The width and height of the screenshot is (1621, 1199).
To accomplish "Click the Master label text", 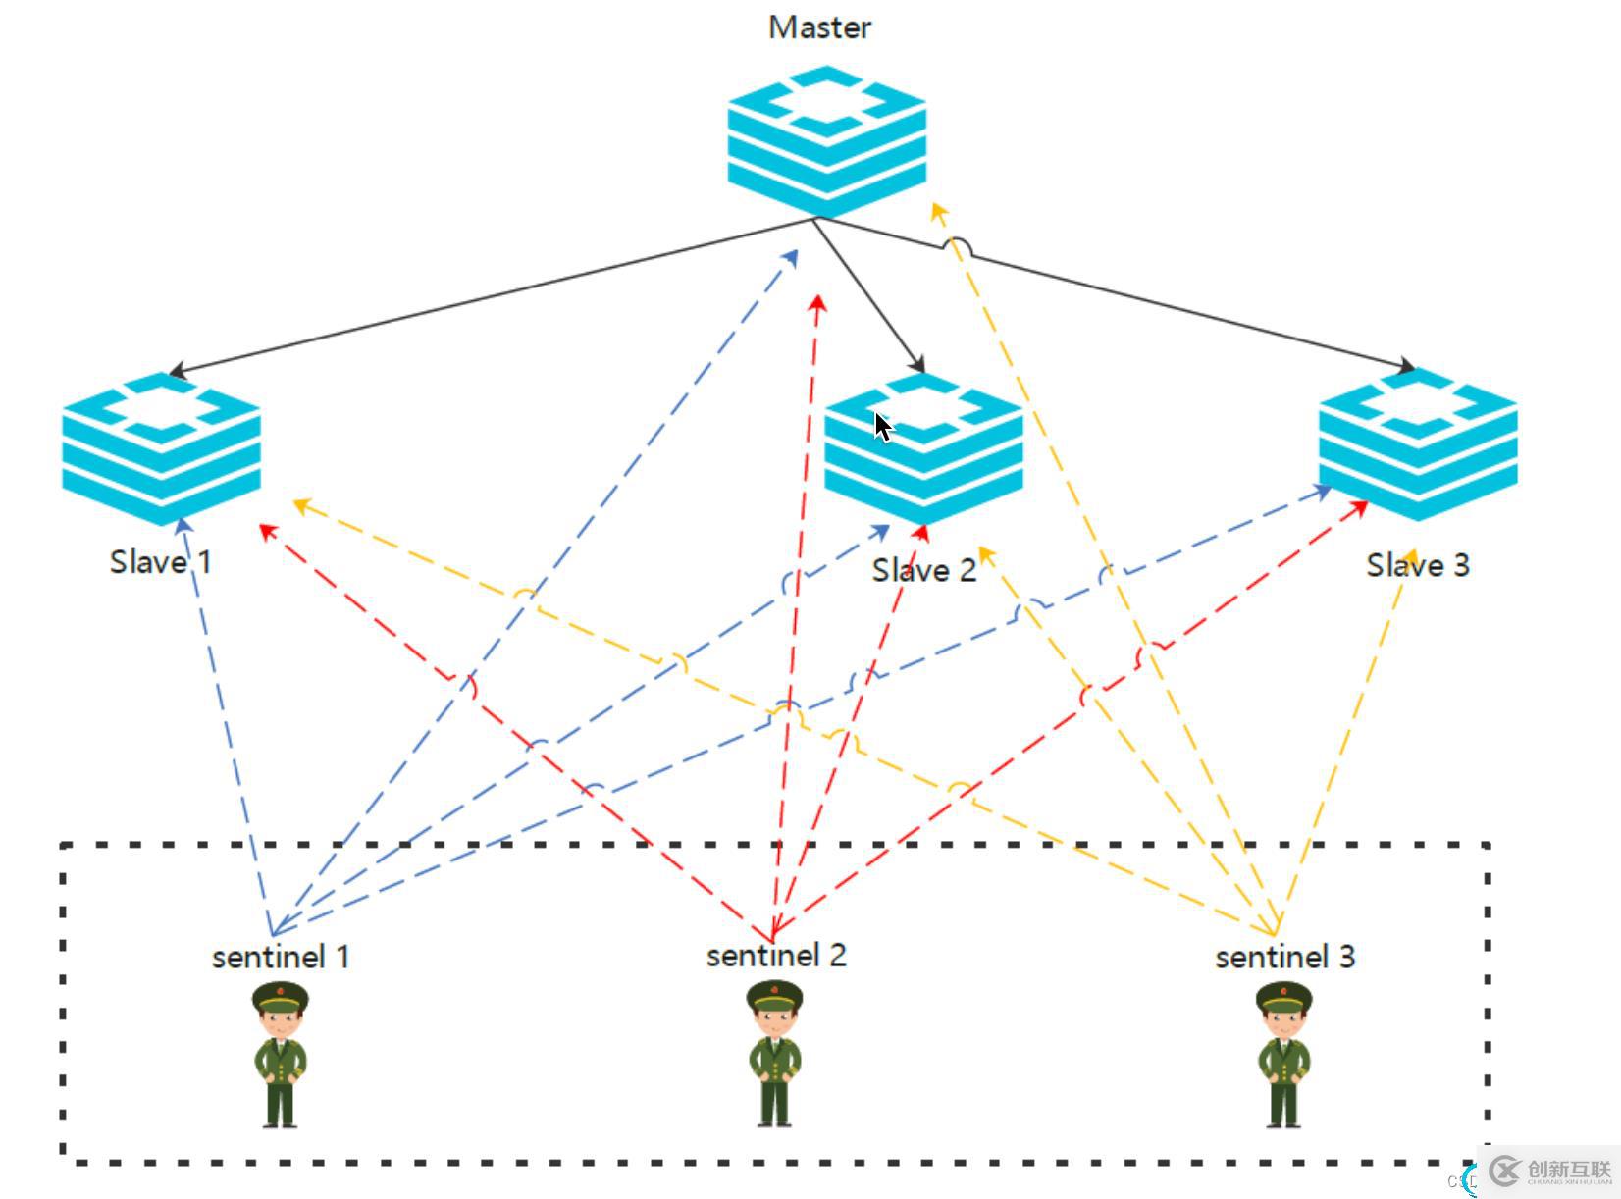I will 819,27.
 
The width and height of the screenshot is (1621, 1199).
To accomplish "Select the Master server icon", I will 826,139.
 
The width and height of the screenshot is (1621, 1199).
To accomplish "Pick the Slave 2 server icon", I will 923,447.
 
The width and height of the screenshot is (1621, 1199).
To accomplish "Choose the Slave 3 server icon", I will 1418,443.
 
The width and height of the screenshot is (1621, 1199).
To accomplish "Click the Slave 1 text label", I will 160,562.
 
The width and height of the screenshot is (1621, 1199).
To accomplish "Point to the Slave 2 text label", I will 924,570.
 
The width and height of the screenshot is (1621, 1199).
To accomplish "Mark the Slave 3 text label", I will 1418,565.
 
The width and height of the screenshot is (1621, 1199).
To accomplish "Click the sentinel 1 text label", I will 281,957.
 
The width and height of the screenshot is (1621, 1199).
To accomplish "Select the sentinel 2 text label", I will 776,955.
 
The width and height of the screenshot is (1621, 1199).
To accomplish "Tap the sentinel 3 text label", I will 1284,957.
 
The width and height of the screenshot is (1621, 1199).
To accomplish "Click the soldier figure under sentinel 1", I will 281,1056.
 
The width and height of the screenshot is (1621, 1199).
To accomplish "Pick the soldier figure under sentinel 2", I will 775,1056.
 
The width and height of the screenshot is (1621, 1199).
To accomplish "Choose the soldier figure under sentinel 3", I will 1284,1056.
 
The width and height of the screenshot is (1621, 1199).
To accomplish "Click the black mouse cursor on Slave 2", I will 883,428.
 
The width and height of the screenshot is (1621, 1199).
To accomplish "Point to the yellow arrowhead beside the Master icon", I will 938,210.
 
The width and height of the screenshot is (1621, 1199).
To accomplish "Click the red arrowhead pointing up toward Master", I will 817,302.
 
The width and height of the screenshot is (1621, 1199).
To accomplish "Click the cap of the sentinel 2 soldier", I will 775,998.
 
